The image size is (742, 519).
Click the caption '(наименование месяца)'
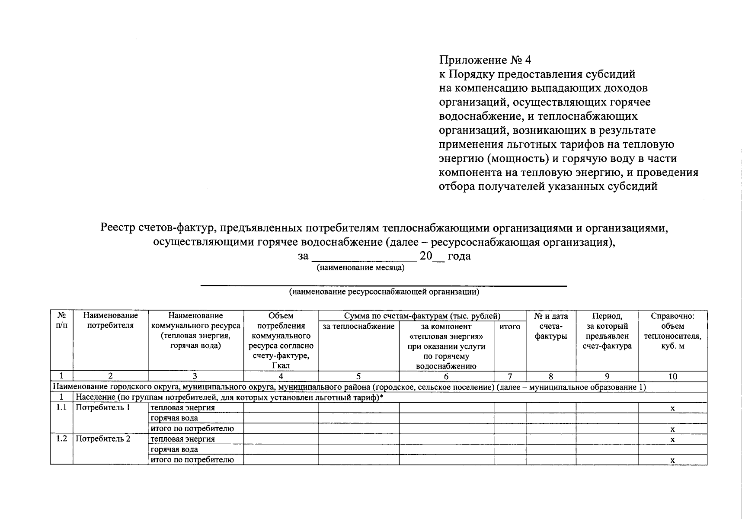(x=361, y=268)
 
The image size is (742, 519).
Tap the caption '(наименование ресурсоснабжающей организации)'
(x=384, y=292)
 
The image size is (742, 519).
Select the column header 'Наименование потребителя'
(x=110, y=320)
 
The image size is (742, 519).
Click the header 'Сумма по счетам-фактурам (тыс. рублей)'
(x=422, y=316)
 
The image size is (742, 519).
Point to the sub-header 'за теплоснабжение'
(x=358, y=327)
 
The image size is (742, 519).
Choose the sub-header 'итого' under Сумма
(x=509, y=327)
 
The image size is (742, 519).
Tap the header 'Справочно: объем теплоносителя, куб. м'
(x=672, y=331)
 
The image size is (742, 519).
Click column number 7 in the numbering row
(x=510, y=376)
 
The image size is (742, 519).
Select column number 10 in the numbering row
(x=672, y=376)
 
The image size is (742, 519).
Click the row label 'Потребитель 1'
(x=103, y=407)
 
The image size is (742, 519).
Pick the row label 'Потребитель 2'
(x=103, y=439)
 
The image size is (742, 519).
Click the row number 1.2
(x=61, y=439)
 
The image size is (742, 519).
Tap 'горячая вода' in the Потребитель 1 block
(x=174, y=418)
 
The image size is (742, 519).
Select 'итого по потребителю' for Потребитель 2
(x=192, y=460)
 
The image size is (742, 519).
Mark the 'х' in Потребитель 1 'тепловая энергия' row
(x=672, y=408)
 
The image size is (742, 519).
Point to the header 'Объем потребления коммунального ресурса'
(x=281, y=340)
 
